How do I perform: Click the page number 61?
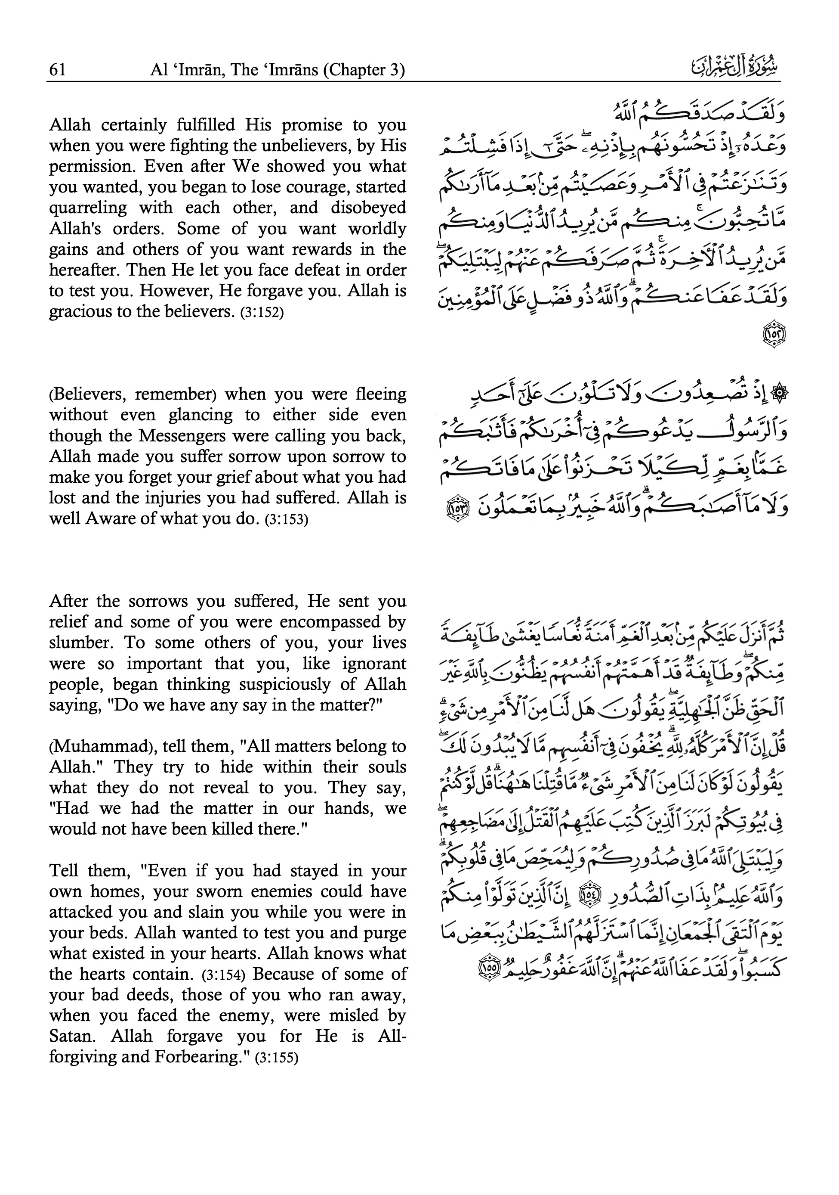57,69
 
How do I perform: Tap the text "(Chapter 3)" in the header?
364,69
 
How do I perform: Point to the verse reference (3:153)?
287,520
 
